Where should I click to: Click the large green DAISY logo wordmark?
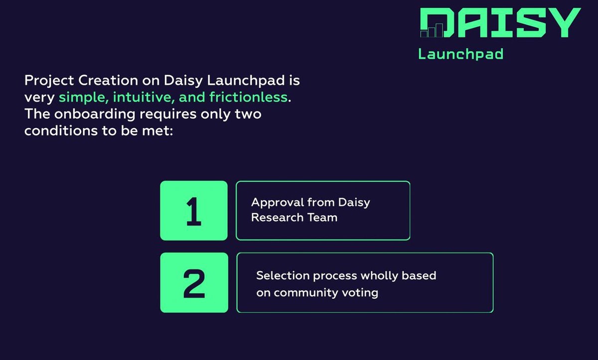pos(500,22)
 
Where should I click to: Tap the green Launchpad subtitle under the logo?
pos(460,54)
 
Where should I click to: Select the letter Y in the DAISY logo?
pos(562,22)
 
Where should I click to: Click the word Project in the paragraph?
pos(46,81)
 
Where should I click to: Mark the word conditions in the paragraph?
pos(56,131)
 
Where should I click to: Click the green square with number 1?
pos(193,211)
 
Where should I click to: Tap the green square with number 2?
pos(193,283)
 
